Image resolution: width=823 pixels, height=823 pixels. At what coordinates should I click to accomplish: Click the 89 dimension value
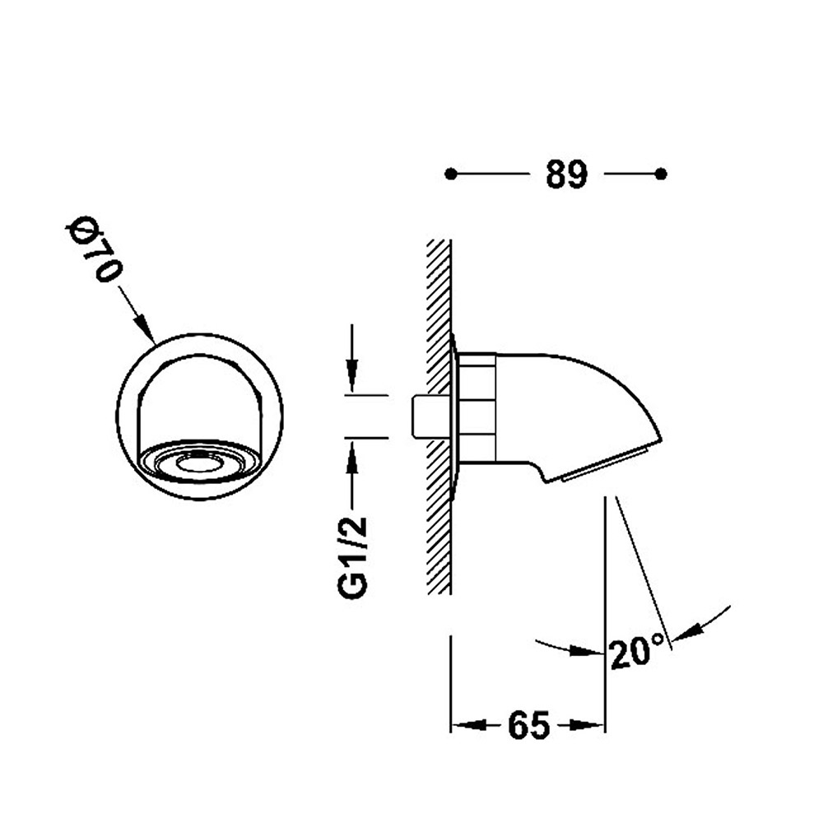click(x=566, y=174)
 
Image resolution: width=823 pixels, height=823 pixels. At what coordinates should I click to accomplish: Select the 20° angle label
click(x=637, y=651)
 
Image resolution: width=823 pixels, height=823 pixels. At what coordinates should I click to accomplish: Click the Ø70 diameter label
click(x=94, y=250)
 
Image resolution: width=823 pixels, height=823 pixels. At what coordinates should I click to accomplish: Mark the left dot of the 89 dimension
click(x=450, y=174)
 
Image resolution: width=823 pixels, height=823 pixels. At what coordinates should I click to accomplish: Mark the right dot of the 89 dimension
click(x=662, y=174)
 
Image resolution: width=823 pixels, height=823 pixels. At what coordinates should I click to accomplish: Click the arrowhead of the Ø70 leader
click(x=146, y=329)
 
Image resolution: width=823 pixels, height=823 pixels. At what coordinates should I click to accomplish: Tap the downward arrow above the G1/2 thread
click(x=352, y=358)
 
